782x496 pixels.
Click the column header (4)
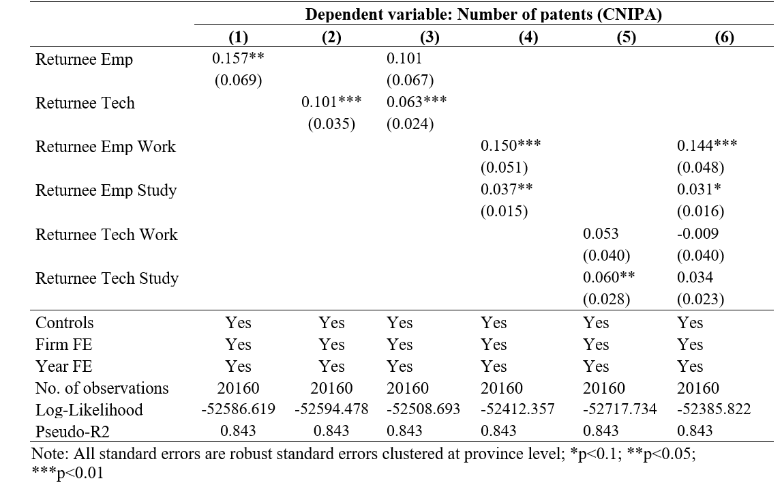528,37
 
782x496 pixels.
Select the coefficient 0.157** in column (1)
238,59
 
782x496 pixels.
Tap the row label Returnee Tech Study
107,278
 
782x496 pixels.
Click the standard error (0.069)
239,81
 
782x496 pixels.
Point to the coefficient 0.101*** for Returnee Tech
331,102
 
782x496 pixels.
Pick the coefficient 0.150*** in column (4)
511,145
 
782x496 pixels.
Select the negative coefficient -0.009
697,233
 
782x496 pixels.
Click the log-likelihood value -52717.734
620,409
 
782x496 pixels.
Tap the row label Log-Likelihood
89,409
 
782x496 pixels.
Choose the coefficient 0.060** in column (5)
609,277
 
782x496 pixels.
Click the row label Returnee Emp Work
106,147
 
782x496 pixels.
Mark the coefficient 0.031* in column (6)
699,189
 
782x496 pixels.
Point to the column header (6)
724,37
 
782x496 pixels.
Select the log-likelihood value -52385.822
714,409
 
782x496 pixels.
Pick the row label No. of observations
102,388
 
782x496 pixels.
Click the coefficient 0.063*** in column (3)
417,102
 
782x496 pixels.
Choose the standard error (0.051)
505,168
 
